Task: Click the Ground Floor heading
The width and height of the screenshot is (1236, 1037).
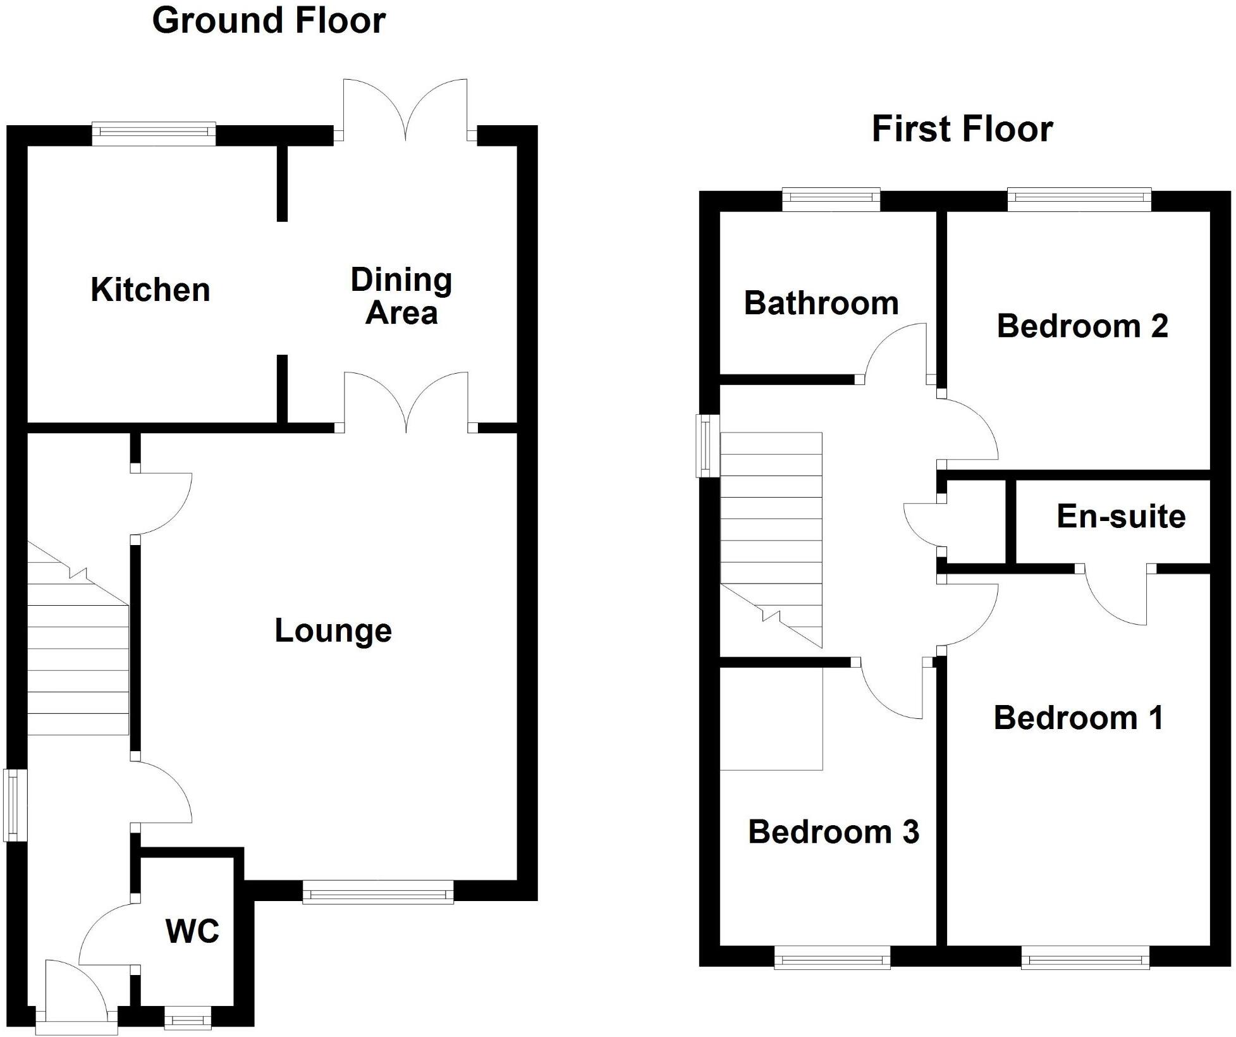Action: click(269, 20)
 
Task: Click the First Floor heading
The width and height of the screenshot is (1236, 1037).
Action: click(962, 129)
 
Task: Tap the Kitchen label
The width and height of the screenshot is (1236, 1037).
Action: click(150, 290)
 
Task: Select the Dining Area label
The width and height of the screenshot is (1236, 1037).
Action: click(401, 296)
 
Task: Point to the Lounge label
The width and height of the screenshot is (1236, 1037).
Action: click(333, 631)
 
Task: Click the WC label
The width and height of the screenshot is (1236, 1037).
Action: click(192, 931)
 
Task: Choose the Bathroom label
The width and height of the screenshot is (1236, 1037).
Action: click(821, 304)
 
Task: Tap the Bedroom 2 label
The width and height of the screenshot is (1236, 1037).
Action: click(1082, 326)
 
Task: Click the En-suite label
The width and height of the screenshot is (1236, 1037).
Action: click(1121, 517)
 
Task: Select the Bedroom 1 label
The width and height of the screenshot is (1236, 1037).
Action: click(1079, 718)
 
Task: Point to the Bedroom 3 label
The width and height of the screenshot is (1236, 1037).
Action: click(833, 832)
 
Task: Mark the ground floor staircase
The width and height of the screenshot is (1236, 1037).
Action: click(78, 658)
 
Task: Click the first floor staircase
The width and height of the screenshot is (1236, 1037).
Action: click(771, 537)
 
